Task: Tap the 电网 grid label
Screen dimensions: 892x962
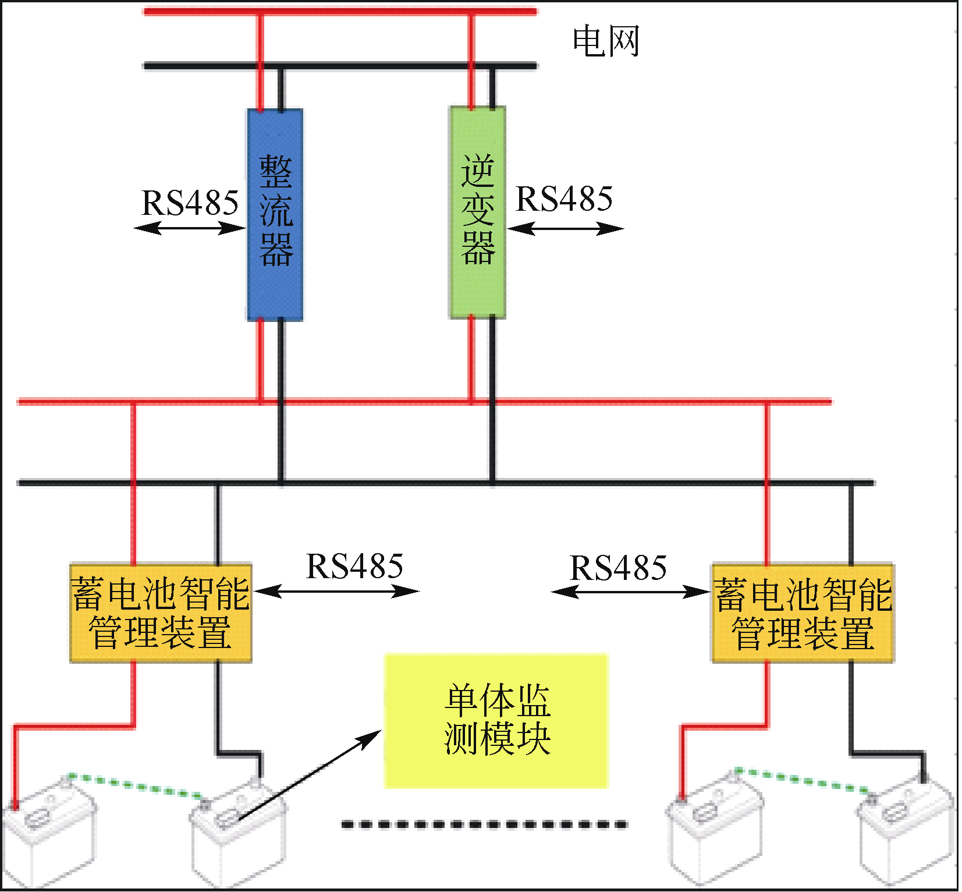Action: (606, 42)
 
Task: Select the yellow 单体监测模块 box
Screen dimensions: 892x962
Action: (496, 720)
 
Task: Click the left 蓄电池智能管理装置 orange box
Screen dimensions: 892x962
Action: (160, 613)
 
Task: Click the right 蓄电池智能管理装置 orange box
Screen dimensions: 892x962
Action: (803, 613)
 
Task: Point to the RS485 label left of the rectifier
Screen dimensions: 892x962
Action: (190, 203)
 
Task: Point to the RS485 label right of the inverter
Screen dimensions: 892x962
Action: (564, 199)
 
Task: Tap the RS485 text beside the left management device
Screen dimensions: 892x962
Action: (354, 567)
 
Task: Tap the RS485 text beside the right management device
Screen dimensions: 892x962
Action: (618, 568)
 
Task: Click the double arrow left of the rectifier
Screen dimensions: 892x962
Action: (190, 228)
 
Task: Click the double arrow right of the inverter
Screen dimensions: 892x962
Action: (565, 228)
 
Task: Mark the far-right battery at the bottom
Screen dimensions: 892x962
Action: (908, 833)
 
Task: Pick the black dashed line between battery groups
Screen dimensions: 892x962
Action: (484, 824)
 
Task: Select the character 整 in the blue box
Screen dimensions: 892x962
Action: (275, 171)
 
